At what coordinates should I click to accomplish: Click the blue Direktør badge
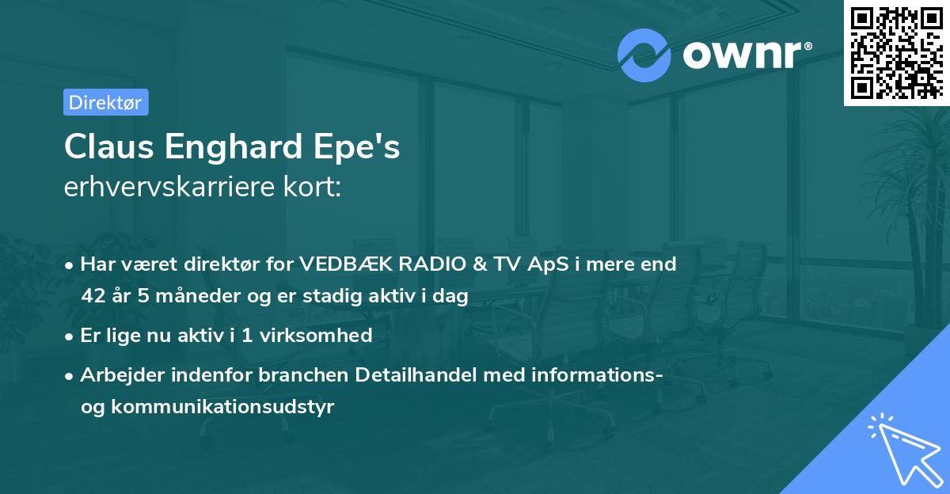(x=105, y=102)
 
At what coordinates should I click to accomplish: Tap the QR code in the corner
(x=896, y=52)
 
